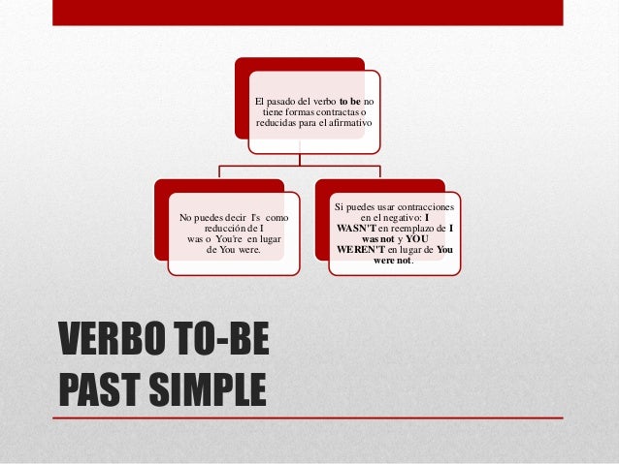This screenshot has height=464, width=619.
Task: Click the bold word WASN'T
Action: coord(362,227)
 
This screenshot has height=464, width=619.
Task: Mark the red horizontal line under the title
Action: coord(310,418)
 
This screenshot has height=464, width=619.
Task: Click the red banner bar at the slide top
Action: coord(309,12)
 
